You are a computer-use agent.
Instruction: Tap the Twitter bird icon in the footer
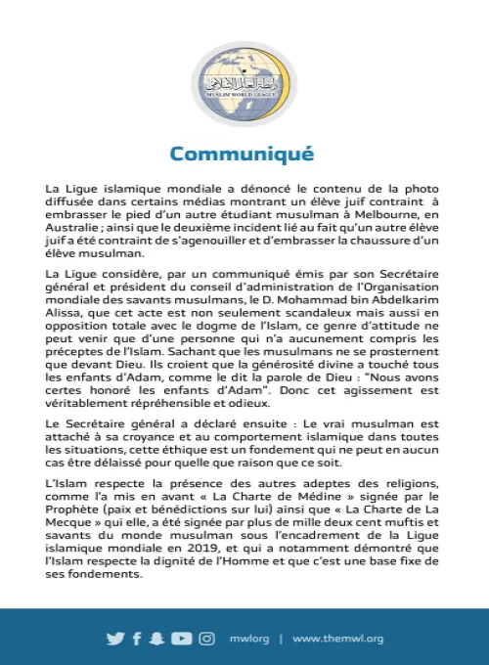click(115, 639)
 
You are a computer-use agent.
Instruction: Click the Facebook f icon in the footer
click(137, 639)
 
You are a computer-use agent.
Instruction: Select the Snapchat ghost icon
click(156, 639)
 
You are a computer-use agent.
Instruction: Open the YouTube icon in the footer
click(181, 639)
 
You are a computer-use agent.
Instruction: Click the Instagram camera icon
click(206, 639)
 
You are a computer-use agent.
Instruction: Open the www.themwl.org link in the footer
click(337, 639)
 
